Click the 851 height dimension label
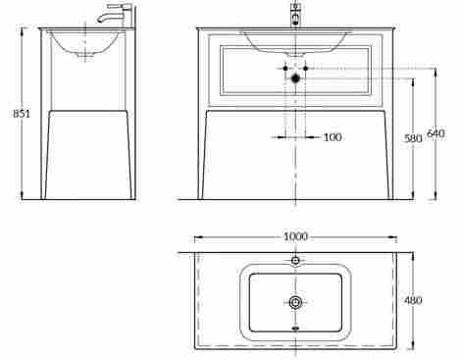point(22,114)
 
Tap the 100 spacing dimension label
point(333,137)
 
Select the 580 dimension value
point(413,138)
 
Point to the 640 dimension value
point(435,133)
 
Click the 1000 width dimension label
point(295,236)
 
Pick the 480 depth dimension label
point(413,300)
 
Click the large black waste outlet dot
point(295,78)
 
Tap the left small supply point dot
point(285,69)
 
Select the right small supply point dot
point(306,69)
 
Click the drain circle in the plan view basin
point(295,302)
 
